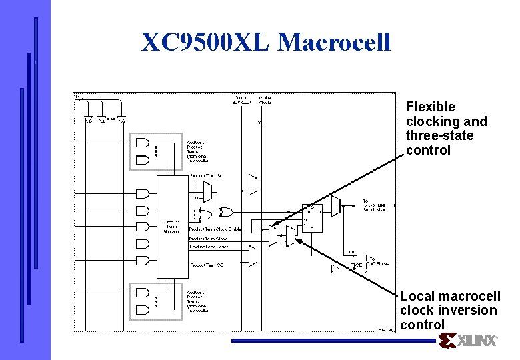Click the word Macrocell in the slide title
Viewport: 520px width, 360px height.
334,42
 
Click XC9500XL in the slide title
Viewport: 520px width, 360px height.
205,42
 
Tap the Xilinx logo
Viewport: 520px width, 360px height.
468,341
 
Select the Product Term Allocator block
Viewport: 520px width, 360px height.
171,226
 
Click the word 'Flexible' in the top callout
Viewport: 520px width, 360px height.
430,107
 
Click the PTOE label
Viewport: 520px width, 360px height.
356,265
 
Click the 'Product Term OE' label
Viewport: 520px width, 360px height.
206,265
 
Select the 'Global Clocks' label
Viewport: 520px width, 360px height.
265,100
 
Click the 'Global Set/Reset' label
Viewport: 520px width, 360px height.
241,100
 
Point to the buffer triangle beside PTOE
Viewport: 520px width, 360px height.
335,269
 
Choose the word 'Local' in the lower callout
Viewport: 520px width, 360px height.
417,296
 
